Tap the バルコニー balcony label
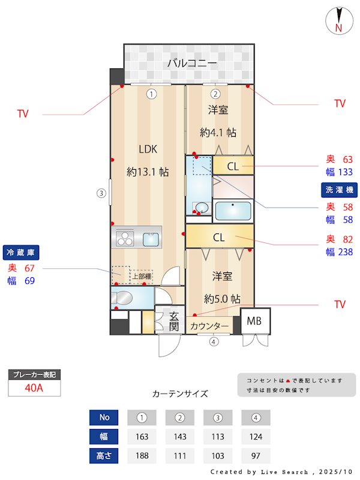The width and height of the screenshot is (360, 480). pos(191,62)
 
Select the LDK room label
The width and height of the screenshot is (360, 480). pos(148,149)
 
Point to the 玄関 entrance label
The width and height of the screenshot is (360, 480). pos(174,322)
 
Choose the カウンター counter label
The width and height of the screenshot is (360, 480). pos(209,326)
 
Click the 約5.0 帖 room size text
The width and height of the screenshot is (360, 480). pos(222,298)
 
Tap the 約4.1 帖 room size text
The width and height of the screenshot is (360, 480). pos(218,132)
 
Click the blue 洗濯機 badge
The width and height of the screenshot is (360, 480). pos(340,190)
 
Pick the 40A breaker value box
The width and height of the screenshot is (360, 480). pos(34,388)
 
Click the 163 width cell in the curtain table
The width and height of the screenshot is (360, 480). pos(142,436)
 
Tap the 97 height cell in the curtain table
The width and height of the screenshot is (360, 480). pos(256,455)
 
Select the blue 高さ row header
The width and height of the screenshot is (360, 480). pos(104,455)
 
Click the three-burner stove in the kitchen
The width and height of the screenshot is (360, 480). pos(125,238)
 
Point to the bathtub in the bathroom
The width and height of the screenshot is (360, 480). pos(232,211)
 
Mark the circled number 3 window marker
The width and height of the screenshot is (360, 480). pos(102,193)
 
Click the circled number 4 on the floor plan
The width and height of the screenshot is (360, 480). pos(214,342)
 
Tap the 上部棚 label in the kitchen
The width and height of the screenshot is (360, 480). pos(142,277)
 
